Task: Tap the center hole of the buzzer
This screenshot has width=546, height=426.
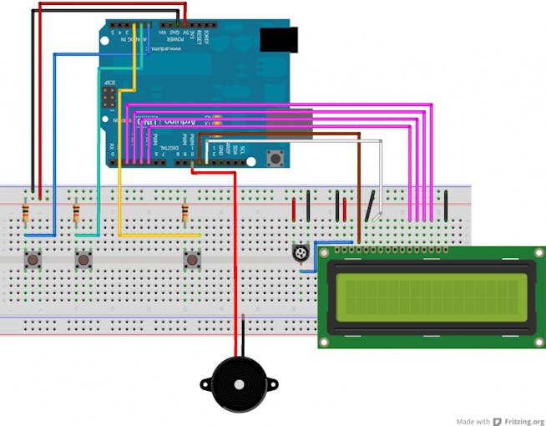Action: pos(239,385)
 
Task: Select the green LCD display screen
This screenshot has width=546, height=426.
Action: pos(429,297)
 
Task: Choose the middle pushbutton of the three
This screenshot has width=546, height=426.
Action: pos(83,261)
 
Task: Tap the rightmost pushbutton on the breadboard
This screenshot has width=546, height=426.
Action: pos(193,261)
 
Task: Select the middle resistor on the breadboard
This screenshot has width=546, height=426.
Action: pos(77,214)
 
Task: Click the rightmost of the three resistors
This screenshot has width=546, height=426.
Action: pos(185,216)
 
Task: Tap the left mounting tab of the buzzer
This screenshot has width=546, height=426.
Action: pos(205,384)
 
